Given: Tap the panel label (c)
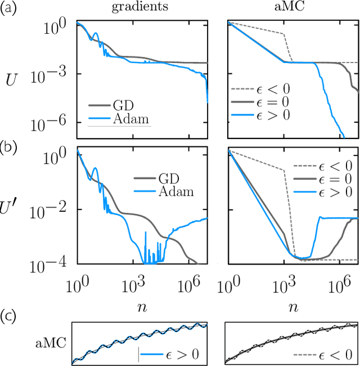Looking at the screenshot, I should tap(10, 314).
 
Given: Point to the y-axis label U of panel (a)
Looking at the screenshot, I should tap(11, 80).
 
